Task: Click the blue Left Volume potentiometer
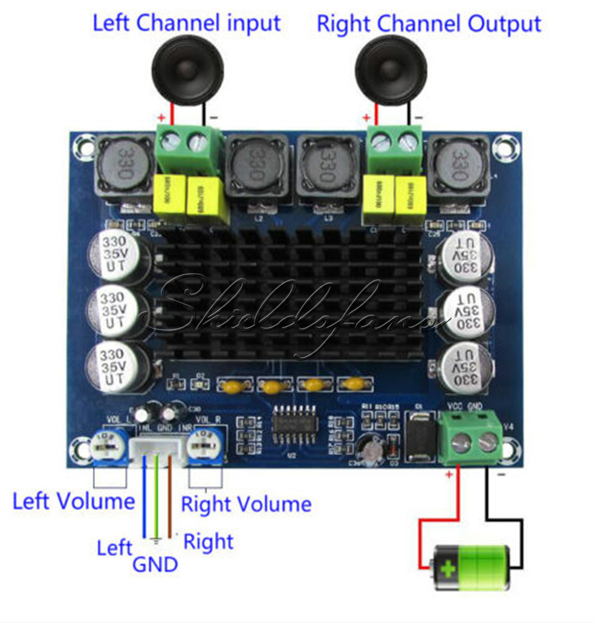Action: [110, 446]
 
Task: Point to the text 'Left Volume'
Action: [73, 501]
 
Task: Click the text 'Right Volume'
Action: [246, 504]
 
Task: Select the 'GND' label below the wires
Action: [155, 563]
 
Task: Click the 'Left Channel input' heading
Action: [187, 23]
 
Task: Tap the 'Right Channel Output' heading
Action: [429, 24]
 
